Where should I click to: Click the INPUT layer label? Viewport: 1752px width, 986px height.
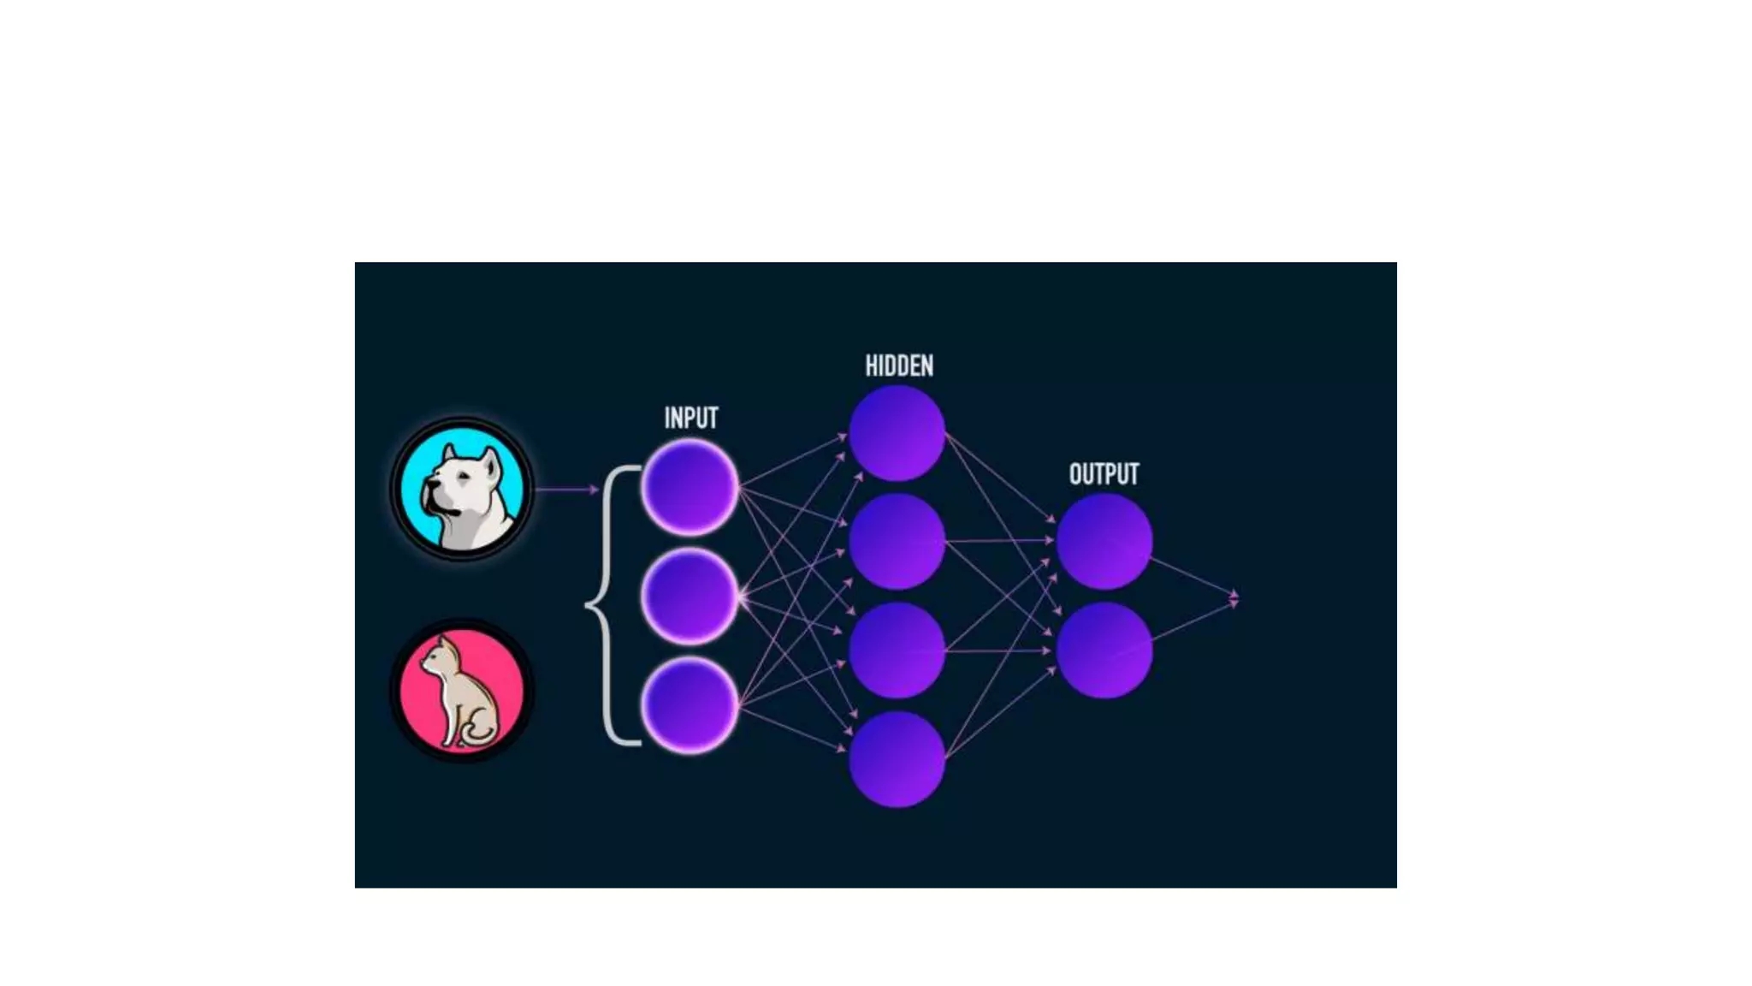tap(691, 418)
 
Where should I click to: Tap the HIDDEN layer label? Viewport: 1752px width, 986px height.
tap(898, 366)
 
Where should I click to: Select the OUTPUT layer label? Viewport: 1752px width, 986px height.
tap(1104, 474)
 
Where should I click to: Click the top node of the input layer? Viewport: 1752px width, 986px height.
tap(690, 487)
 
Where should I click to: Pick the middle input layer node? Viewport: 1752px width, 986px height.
tap(690, 597)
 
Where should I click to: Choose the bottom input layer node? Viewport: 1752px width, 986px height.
tap(690, 705)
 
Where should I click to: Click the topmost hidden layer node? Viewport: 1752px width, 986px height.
tap(897, 433)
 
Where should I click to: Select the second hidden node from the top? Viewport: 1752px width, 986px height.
tap(897, 542)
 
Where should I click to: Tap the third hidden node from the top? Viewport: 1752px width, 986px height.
tap(897, 650)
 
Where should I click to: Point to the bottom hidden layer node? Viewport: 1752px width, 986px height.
tap(897, 759)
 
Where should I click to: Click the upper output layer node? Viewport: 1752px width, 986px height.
tap(1104, 542)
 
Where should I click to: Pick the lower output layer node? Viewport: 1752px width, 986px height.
tap(1104, 650)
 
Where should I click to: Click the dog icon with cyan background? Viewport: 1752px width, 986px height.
tap(462, 489)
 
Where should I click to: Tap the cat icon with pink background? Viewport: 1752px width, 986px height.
tap(462, 690)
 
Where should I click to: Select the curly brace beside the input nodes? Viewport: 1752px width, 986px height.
tap(609, 604)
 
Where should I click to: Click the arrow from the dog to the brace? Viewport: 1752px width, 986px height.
tap(566, 490)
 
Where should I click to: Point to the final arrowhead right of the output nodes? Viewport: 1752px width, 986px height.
tap(1233, 598)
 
